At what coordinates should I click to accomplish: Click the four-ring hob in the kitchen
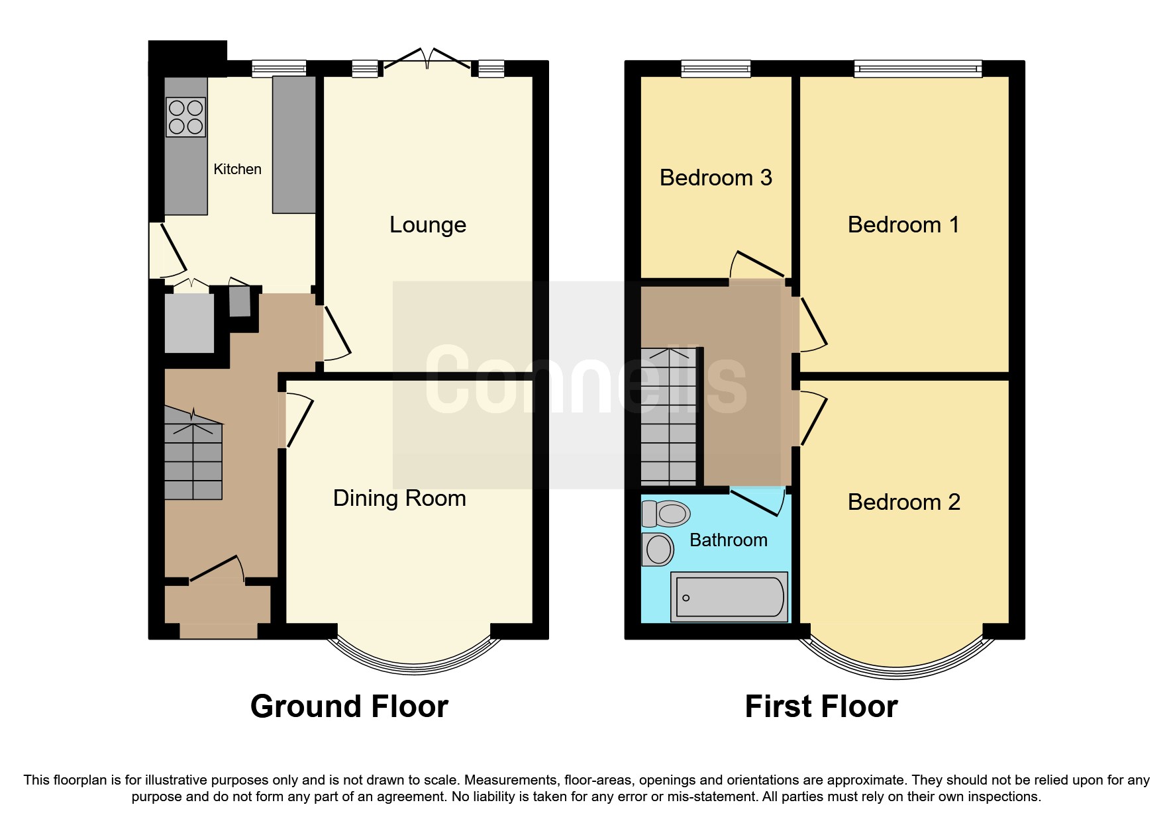[x=185, y=117]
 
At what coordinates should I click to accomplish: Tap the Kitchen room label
[x=237, y=169]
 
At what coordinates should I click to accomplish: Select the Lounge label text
[x=427, y=225]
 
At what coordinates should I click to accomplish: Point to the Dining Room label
[x=399, y=499]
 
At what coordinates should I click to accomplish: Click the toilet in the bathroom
[x=666, y=514]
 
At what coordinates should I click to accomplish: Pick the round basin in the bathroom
[x=658, y=550]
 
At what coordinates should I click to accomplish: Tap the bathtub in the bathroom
[x=729, y=597]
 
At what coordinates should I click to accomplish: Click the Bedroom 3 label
[x=715, y=178]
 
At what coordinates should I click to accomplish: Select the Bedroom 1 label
[x=903, y=225]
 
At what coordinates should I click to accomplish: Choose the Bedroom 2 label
[x=903, y=503]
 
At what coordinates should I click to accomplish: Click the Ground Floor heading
[x=349, y=706]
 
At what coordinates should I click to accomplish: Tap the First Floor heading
[x=821, y=706]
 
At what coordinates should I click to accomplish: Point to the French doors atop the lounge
[x=427, y=60]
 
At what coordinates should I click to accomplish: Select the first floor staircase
[x=668, y=417]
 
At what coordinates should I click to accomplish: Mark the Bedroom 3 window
[x=715, y=68]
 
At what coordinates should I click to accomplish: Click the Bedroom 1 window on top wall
[x=917, y=68]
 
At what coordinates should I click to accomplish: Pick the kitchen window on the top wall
[x=279, y=68]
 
